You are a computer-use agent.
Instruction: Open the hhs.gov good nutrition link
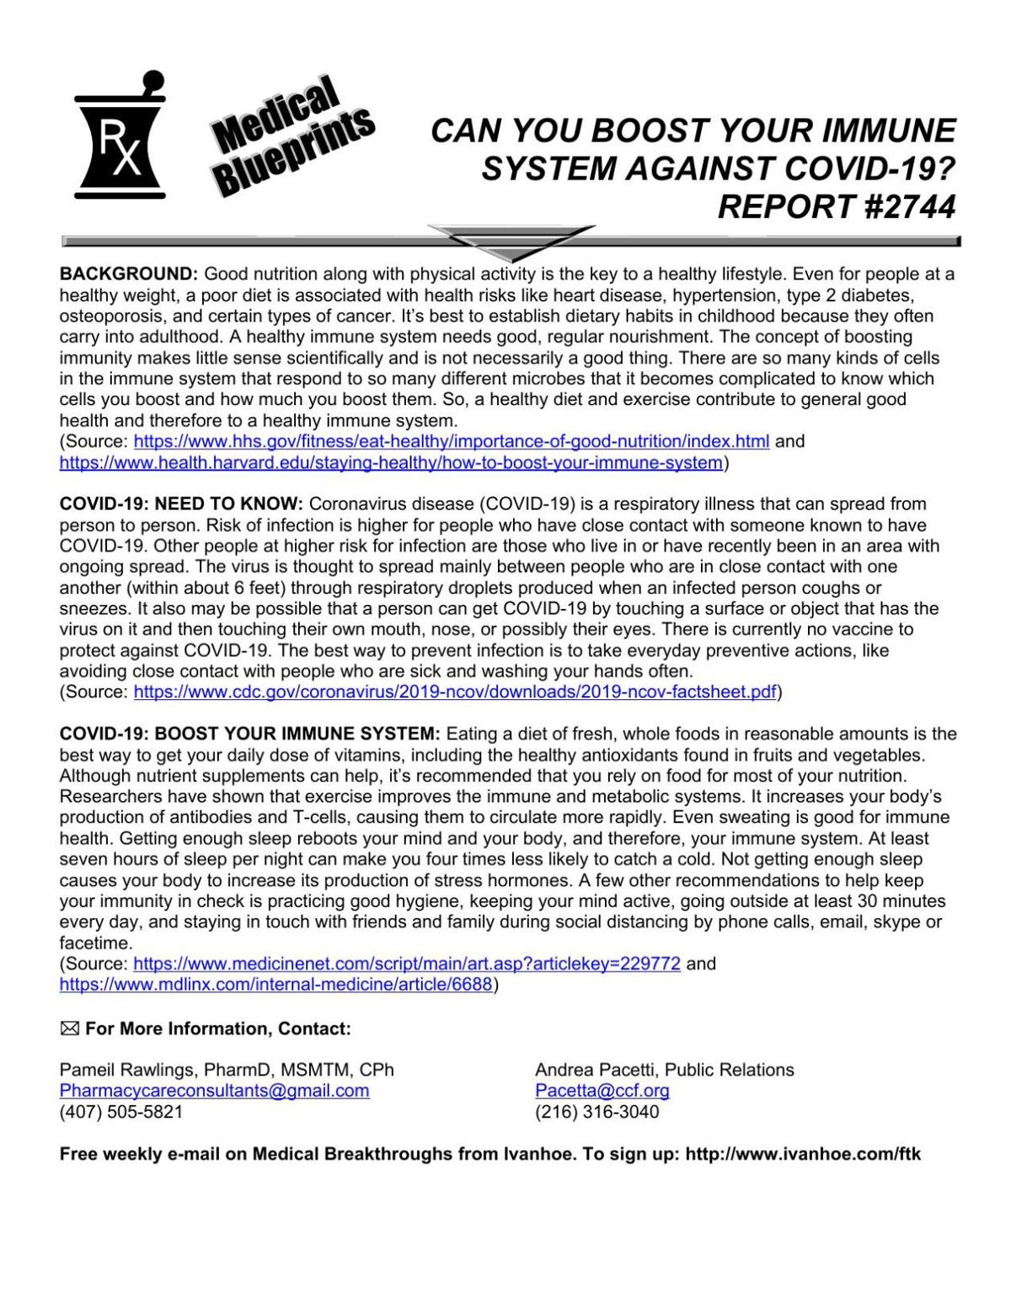pos(452,441)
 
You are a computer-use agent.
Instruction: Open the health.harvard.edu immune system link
pos(391,462)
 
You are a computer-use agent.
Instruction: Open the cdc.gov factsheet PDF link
pos(455,692)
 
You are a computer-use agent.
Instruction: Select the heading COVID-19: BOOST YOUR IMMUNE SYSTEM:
pos(249,734)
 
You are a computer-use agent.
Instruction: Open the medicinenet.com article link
pos(407,964)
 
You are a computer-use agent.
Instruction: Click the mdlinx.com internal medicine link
pos(275,985)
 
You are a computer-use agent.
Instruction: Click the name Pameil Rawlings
pos(125,1070)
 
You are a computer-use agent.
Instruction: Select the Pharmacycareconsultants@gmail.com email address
pos(214,1091)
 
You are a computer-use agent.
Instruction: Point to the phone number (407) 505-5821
pos(120,1112)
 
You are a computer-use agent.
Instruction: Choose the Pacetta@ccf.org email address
pos(602,1091)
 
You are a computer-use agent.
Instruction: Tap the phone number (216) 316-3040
pos(596,1112)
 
